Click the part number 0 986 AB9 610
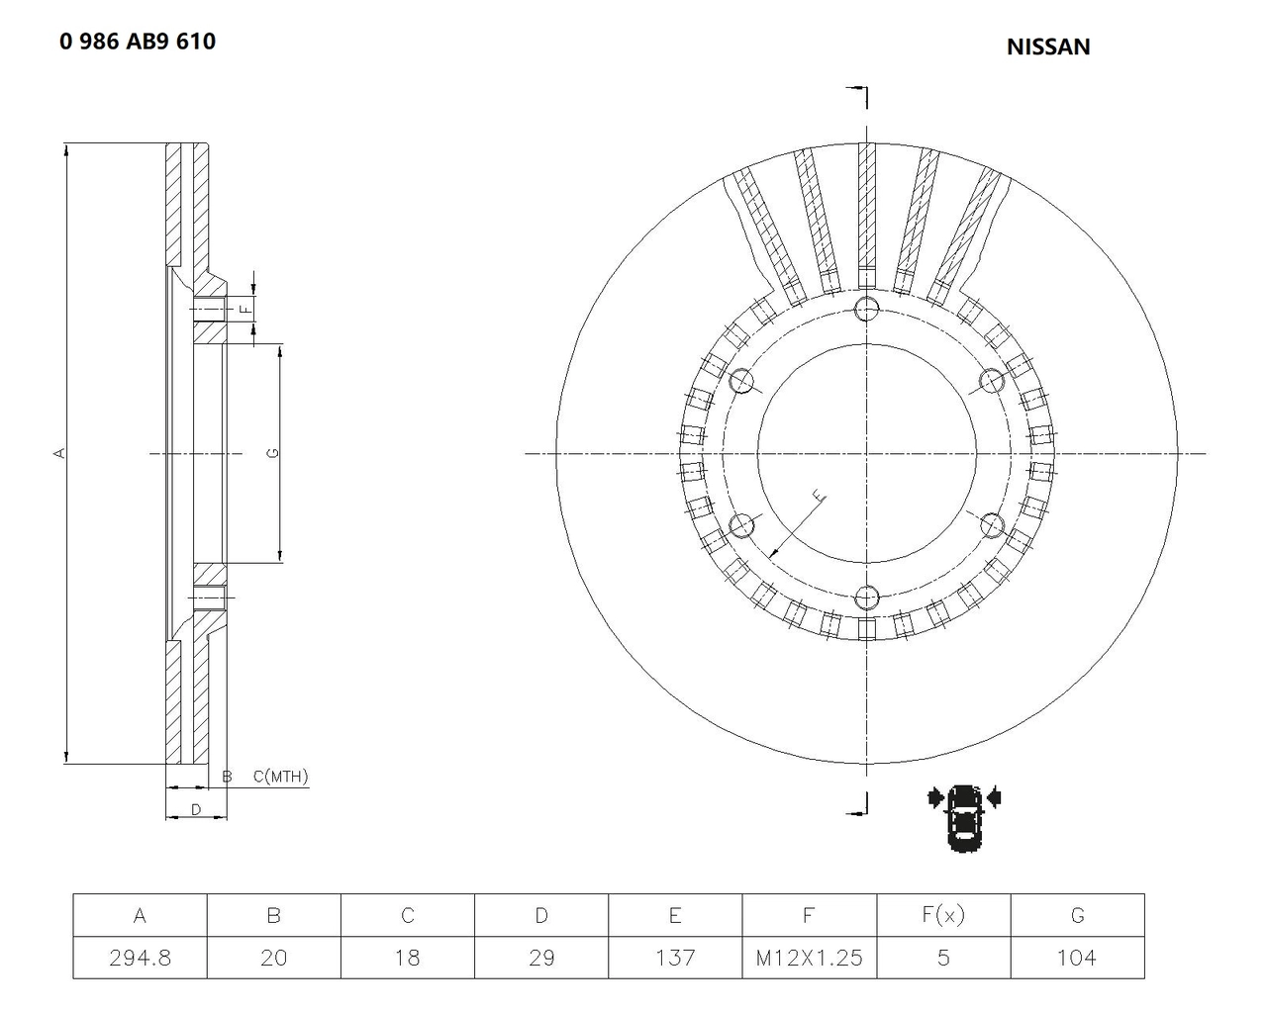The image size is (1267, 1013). [x=138, y=42]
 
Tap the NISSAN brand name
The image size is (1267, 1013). [x=1048, y=47]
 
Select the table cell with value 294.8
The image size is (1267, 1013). [x=141, y=958]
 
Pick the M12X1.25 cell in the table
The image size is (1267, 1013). [x=809, y=958]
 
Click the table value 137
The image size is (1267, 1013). [x=675, y=958]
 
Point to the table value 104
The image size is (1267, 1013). [x=1077, y=958]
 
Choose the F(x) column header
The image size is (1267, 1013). [x=943, y=915]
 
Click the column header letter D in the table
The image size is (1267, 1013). [x=541, y=915]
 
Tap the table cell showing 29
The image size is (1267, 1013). [x=541, y=958]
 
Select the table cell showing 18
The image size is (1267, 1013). [x=408, y=958]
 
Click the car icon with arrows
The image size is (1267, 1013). [x=964, y=817]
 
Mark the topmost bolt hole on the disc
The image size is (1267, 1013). [x=866, y=309]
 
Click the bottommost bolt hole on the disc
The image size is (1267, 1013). [x=866, y=599]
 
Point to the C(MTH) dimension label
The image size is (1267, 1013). [x=281, y=777]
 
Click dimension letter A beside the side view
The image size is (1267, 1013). [x=59, y=453]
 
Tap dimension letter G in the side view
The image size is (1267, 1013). [x=273, y=453]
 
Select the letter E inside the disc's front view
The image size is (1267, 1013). [x=819, y=495]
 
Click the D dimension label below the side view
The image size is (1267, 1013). [x=196, y=810]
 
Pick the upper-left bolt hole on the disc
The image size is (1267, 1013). [x=741, y=381]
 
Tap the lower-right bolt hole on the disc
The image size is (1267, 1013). [x=992, y=525]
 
